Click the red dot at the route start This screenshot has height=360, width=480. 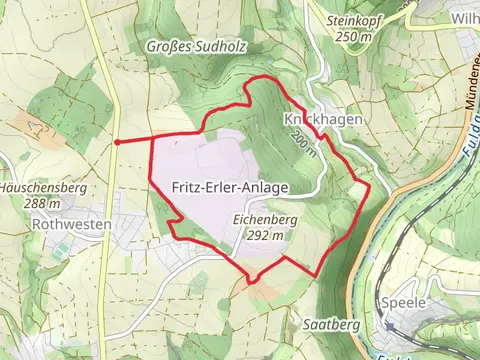click(x=118, y=142)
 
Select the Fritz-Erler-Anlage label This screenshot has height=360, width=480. click(x=231, y=187)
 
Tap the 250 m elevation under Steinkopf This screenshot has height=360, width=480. click(x=353, y=36)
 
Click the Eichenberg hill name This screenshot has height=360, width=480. click(x=266, y=216)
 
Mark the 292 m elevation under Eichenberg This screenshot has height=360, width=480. click(x=267, y=234)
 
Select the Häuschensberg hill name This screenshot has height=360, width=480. click(x=36, y=187)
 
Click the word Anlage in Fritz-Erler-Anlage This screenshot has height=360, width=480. click(x=265, y=187)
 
